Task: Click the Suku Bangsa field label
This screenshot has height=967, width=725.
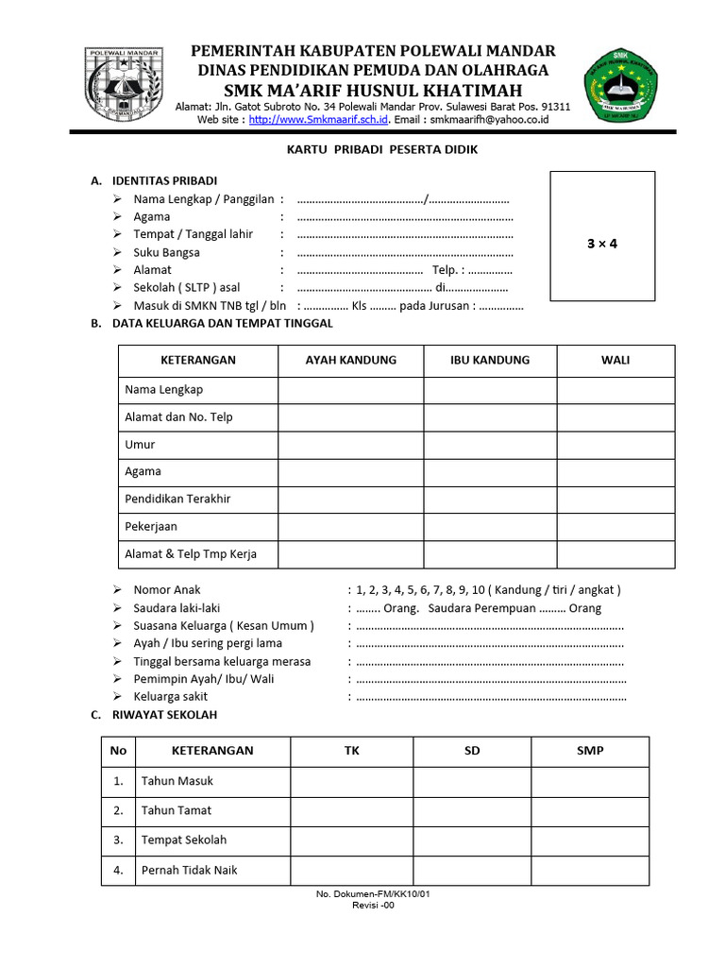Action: pos(166,252)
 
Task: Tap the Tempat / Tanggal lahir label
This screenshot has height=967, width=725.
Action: pos(193,234)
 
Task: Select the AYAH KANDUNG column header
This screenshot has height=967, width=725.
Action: pos(350,360)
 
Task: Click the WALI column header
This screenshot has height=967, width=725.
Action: pos(615,360)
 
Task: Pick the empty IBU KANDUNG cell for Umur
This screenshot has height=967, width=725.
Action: pos(490,444)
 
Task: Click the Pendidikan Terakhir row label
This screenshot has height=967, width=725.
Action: pos(177,499)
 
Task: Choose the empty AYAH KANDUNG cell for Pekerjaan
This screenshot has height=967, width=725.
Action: pos(350,526)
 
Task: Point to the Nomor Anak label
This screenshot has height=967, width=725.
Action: pos(167,589)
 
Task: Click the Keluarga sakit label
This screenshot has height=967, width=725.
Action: pos(173,697)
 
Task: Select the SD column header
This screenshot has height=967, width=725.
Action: pos(472,751)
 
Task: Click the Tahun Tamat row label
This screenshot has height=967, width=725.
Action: pos(177,810)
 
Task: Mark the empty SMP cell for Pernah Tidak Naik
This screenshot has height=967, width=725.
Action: pos(590,870)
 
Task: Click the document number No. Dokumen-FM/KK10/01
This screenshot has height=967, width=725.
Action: pos(375,893)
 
